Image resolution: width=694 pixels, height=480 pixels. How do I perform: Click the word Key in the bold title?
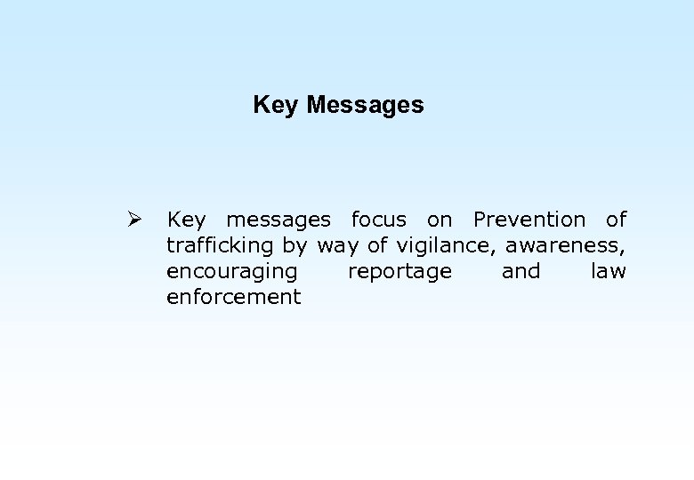click(x=276, y=106)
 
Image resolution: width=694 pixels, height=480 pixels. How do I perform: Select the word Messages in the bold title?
click(x=365, y=106)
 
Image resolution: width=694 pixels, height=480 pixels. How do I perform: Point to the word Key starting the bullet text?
click(x=185, y=220)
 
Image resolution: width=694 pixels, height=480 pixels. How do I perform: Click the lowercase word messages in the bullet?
click(x=278, y=220)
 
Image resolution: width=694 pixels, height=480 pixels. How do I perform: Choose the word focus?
click(x=379, y=220)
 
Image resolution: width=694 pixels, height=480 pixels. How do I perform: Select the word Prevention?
click(x=529, y=220)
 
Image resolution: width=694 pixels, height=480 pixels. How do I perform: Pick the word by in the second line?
click(x=295, y=246)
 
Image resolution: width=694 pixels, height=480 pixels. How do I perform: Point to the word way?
click(x=339, y=246)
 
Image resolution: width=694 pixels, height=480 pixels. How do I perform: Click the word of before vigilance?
click(x=377, y=245)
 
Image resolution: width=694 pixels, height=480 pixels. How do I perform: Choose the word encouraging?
click(x=231, y=272)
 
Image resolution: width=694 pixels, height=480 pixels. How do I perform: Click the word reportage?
click(x=399, y=272)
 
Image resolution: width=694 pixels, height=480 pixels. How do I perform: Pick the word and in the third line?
click(x=521, y=271)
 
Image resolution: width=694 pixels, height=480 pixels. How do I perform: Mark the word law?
click(x=609, y=271)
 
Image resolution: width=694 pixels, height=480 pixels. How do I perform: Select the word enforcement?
click(x=234, y=297)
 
